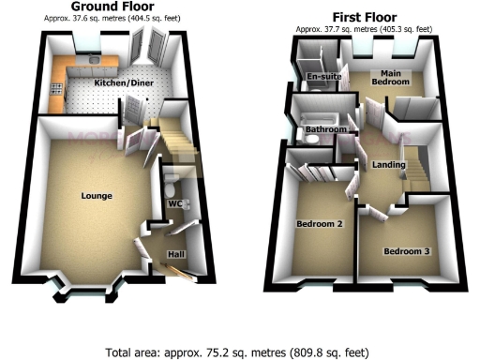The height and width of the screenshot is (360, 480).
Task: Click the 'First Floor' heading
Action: (x=365, y=17)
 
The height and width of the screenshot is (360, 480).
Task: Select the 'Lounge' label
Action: (x=97, y=196)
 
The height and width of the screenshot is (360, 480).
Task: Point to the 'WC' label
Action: (x=173, y=203)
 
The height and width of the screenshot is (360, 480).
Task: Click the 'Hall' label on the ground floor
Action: (x=174, y=254)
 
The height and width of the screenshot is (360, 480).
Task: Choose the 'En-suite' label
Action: (x=322, y=78)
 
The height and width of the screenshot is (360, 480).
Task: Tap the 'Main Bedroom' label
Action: (x=390, y=77)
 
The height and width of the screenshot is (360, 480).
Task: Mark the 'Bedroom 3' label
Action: (x=407, y=251)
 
